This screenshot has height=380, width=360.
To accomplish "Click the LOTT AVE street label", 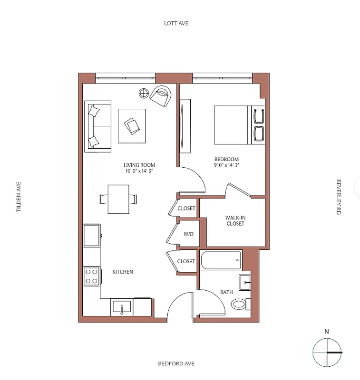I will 176,23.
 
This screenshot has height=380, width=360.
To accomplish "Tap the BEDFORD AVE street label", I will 176,364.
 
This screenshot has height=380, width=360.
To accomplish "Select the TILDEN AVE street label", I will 19,196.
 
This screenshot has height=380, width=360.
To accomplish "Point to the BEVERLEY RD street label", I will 339,198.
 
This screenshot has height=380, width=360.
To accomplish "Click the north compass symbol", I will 327,352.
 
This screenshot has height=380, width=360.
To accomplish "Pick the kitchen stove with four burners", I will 92,276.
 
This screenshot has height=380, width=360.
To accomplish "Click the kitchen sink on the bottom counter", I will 122,307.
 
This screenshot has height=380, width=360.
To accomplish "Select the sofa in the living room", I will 97,126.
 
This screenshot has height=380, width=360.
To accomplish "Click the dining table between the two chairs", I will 118,199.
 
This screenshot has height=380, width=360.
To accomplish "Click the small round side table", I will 144,93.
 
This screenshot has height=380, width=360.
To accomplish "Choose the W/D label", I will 189,234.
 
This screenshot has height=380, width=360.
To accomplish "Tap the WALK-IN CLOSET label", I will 235,220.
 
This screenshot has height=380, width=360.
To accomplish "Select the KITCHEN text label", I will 122,272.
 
